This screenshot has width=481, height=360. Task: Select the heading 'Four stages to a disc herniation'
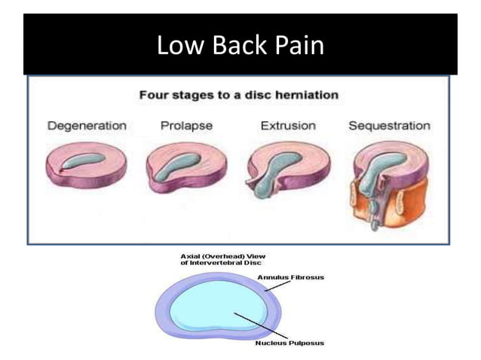tap(239, 96)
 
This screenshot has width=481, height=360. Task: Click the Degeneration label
tap(87, 125)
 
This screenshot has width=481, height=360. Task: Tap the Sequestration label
tap(389, 125)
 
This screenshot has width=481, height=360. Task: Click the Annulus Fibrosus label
tap(290, 277)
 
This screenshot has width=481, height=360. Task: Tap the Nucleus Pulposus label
tap(290, 343)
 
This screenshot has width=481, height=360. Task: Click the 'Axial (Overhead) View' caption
tap(208, 258)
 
